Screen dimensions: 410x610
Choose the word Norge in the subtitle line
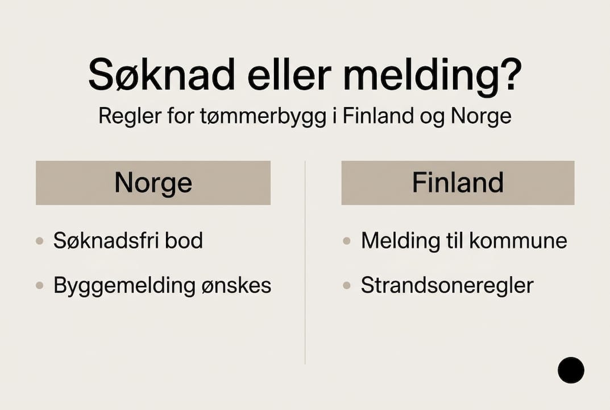tap(481, 116)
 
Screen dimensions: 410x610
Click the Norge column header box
tap(153, 183)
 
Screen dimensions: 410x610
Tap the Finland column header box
tap(458, 183)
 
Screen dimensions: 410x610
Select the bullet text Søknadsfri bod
tap(128, 241)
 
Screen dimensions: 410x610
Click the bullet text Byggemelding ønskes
tap(162, 285)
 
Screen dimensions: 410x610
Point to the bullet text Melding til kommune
tap(464, 241)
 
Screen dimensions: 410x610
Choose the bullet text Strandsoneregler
tap(447, 285)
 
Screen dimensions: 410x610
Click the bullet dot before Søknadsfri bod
tap(40, 241)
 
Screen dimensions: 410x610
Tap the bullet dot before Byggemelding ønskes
tap(40, 285)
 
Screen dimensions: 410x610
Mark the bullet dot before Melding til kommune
tap(347, 241)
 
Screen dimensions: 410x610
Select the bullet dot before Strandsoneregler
tap(347, 285)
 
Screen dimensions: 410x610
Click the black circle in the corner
tap(571, 370)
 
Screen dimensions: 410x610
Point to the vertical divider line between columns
tap(305, 262)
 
